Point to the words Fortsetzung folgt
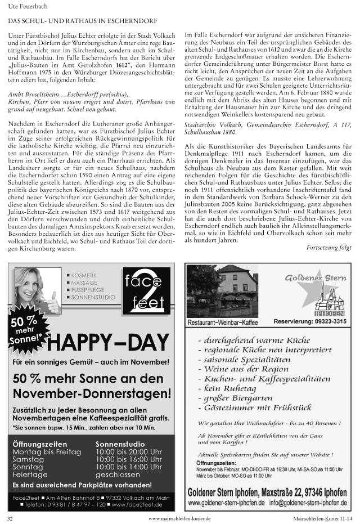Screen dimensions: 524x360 tap(329, 247)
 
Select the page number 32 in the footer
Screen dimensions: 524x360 tap(10, 518)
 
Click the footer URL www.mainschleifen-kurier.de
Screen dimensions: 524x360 tap(179, 518)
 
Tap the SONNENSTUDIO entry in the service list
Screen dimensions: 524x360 tap(93, 297)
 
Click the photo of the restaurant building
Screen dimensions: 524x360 tap(222, 291)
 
